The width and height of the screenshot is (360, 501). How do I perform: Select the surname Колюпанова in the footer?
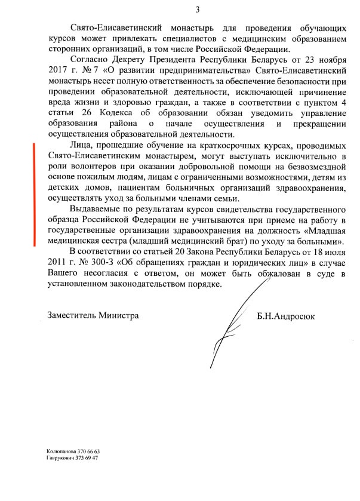click(x=61, y=451)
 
